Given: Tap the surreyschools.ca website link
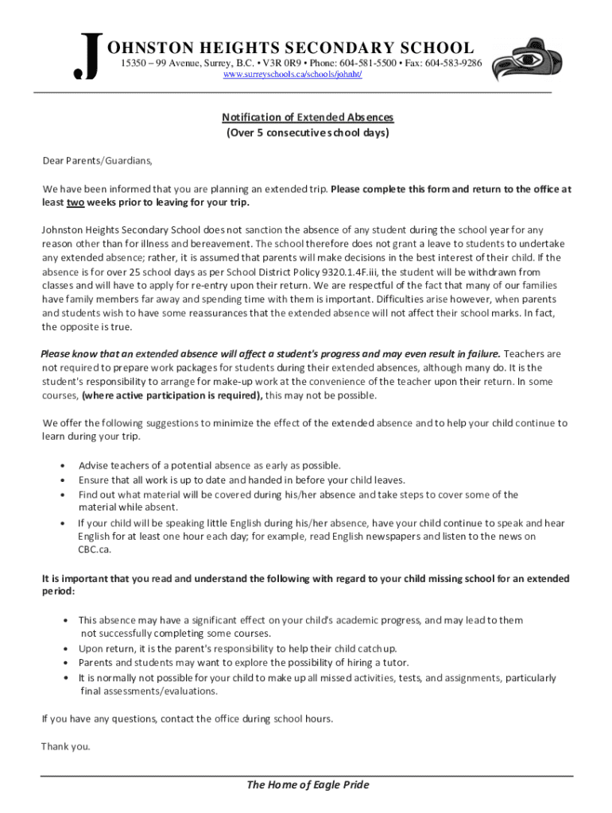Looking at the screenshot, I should click(292, 74).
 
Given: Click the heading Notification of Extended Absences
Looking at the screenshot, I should click(308, 118).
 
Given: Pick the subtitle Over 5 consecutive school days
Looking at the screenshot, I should click(308, 133).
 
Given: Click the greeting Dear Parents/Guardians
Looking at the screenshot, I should click(96, 160).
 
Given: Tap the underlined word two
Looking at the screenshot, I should click(75, 202).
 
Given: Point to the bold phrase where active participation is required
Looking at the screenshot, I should click(172, 395).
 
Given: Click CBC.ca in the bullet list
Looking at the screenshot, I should click(94, 549).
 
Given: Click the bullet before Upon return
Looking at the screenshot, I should click(64, 649).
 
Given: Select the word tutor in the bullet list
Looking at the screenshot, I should click(397, 662).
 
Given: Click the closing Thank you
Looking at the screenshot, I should click(66, 746).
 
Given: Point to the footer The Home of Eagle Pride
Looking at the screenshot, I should click(308, 785).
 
